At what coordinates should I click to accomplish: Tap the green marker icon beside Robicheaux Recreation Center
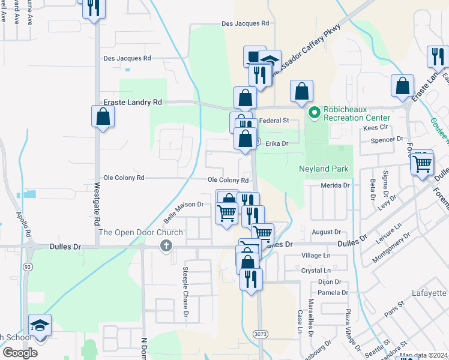[x=314, y=112]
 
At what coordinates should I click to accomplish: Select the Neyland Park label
[x=324, y=169]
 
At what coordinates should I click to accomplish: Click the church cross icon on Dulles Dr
[x=166, y=246]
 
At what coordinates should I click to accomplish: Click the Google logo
[x=20, y=353]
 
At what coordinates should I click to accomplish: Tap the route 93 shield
[x=28, y=266]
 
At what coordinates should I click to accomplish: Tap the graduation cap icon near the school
[x=40, y=325]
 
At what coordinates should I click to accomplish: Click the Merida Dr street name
[x=335, y=186]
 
